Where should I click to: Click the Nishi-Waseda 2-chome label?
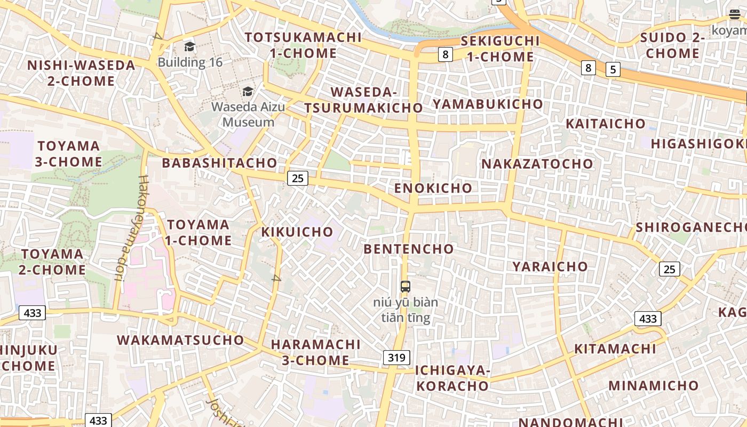tap(74, 73)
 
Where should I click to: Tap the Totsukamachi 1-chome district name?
tap(303, 45)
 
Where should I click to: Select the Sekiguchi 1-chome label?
tap(500, 49)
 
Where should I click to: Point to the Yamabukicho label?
tap(488, 104)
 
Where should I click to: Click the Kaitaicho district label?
tap(606, 124)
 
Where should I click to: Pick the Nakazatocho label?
tap(537, 164)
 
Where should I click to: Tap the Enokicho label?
tap(433, 188)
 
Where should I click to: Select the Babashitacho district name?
tap(220, 163)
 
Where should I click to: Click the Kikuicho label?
tap(297, 232)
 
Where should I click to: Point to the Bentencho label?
tap(409, 249)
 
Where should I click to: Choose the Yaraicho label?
tap(550, 266)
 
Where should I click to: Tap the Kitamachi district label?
tap(615, 349)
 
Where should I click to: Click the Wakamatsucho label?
tap(180, 340)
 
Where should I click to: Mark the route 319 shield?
tap(396, 358)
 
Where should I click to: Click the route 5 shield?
tap(613, 69)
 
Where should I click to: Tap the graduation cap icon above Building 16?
tap(189, 47)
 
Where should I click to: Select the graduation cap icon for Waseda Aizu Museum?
tap(248, 91)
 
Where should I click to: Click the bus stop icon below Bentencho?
tap(406, 287)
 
